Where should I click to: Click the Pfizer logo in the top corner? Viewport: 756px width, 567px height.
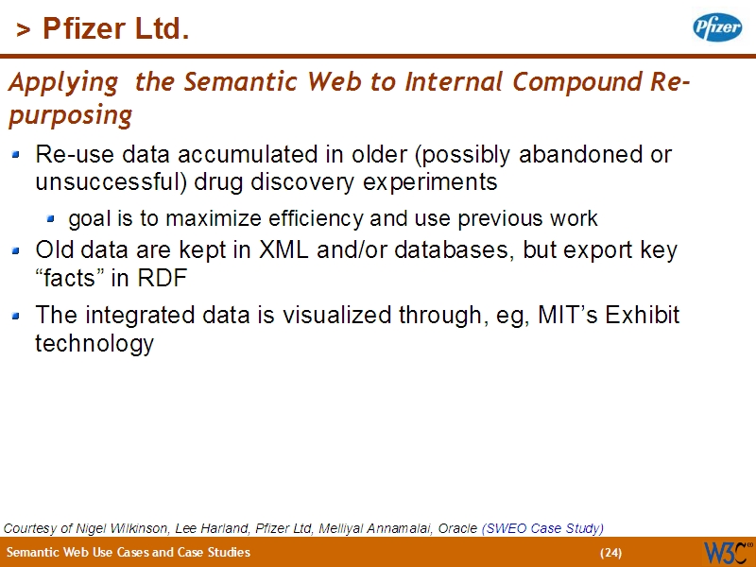(x=717, y=27)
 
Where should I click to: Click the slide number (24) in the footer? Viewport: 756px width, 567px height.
(x=610, y=553)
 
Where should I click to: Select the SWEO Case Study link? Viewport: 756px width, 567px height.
(x=542, y=528)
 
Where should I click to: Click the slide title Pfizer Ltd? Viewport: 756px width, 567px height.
(x=103, y=30)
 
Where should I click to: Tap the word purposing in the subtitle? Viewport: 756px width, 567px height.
(x=69, y=115)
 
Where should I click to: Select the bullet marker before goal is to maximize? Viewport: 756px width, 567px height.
(x=54, y=218)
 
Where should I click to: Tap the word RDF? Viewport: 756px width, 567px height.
(x=162, y=280)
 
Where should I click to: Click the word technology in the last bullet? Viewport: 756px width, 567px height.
(x=94, y=343)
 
